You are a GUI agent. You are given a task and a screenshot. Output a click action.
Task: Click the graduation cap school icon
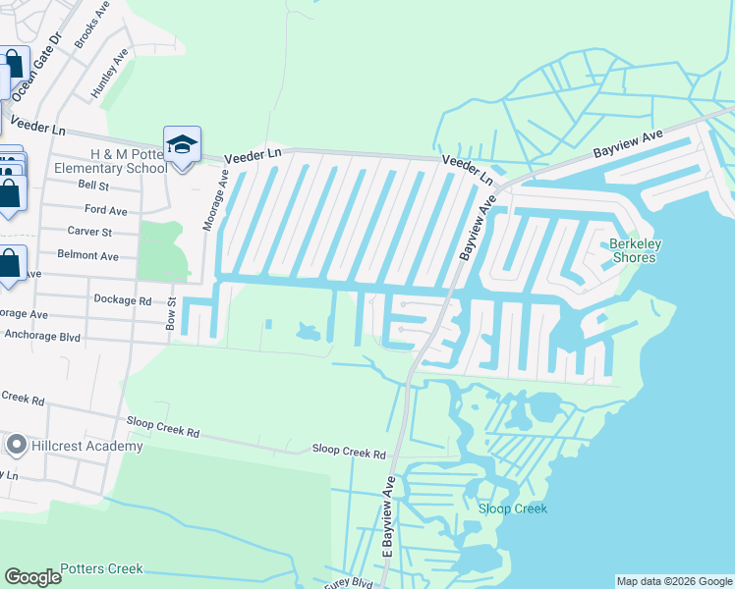(182, 145)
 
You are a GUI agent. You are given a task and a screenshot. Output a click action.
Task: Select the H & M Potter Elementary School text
(129, 161)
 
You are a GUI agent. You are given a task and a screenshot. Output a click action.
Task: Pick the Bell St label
(93, 185)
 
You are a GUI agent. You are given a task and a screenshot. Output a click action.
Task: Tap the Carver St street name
(89, 232)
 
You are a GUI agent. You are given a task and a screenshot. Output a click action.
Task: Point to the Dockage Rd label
(122, 300)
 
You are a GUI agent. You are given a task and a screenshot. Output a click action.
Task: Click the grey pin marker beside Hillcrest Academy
(15, 446)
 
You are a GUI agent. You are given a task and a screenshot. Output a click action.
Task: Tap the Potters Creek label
(101, 568)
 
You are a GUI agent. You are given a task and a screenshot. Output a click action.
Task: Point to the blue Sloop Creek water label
(512, 509)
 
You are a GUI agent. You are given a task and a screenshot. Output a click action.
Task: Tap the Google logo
(33, 577)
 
